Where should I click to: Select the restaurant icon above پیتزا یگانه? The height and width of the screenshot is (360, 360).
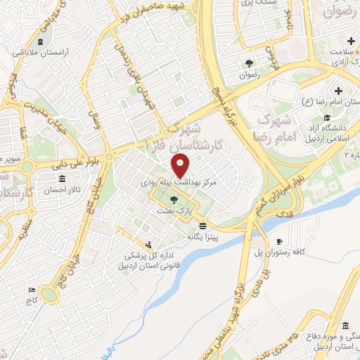tap(202, 226)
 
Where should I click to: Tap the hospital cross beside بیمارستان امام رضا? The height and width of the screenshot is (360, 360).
tap(339, 91)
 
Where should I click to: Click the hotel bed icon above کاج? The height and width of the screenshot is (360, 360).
tap(31, 290)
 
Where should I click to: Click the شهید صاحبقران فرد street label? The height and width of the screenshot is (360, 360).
tap(165, 8)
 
